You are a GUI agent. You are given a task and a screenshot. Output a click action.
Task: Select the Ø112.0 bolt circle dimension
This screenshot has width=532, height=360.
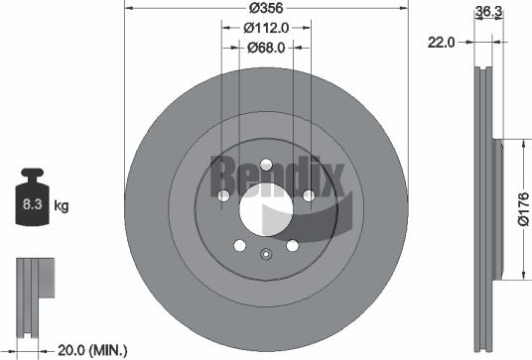click(264, 29)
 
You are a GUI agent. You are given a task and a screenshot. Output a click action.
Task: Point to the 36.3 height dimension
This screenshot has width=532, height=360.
click(487, 13)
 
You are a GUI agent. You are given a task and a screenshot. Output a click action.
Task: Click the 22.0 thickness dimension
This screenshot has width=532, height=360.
click(442, 42)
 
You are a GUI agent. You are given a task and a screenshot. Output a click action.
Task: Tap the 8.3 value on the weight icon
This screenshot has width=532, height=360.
click(30, 206)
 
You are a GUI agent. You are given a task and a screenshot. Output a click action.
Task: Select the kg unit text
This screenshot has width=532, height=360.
click(61, 206)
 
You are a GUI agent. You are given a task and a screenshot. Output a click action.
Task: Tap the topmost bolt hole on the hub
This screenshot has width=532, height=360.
click(264, 166)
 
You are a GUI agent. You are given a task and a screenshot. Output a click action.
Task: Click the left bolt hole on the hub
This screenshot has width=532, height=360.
click(221, 196)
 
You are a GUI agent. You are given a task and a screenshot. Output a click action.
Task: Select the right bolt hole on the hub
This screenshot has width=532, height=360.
click(308, 196)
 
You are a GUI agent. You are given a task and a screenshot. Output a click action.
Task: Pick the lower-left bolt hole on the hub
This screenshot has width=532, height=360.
click(238, 246)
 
